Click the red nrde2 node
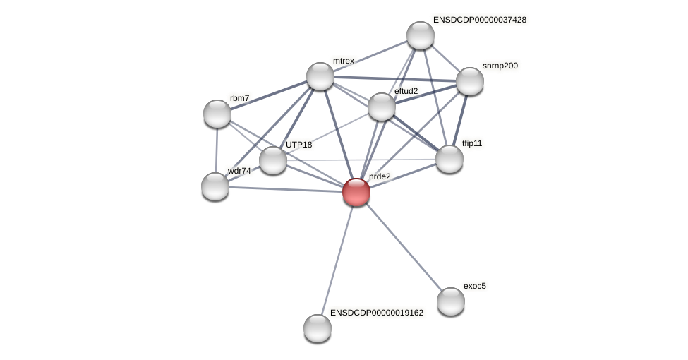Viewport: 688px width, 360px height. (x=356, y=191)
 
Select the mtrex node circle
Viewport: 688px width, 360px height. (x=320, y=76)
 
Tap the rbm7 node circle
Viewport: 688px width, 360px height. (x=217, y=114)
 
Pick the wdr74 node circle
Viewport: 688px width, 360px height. (x=215, y=186)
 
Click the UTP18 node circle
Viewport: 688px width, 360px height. (x=273, y=160)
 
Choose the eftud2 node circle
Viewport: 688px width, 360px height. (x=382, y=107)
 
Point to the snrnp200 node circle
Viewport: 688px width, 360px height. (x=470, y=81)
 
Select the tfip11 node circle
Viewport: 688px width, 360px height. (x=449, y=159)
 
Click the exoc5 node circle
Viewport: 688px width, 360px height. (x=451, y=301)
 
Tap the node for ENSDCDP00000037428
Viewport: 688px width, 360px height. (x=421, y=35)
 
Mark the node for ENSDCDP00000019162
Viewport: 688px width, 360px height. (x=318, y=328)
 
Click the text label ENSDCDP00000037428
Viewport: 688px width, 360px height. (x=480, y=20)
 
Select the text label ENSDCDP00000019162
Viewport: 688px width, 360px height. (x=377, y=312)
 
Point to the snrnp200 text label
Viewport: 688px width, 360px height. (x=500, y=66)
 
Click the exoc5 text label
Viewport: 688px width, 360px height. (x=475, y=286)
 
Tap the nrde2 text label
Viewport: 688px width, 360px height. (x=380, y=176)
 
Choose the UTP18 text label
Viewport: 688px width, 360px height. (x=299, y=145)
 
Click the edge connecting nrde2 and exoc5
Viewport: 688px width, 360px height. (x=404, y=246)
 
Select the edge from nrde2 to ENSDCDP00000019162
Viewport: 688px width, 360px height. (x=337, y=259)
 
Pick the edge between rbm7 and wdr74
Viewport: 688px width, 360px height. (x=216, y=150)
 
